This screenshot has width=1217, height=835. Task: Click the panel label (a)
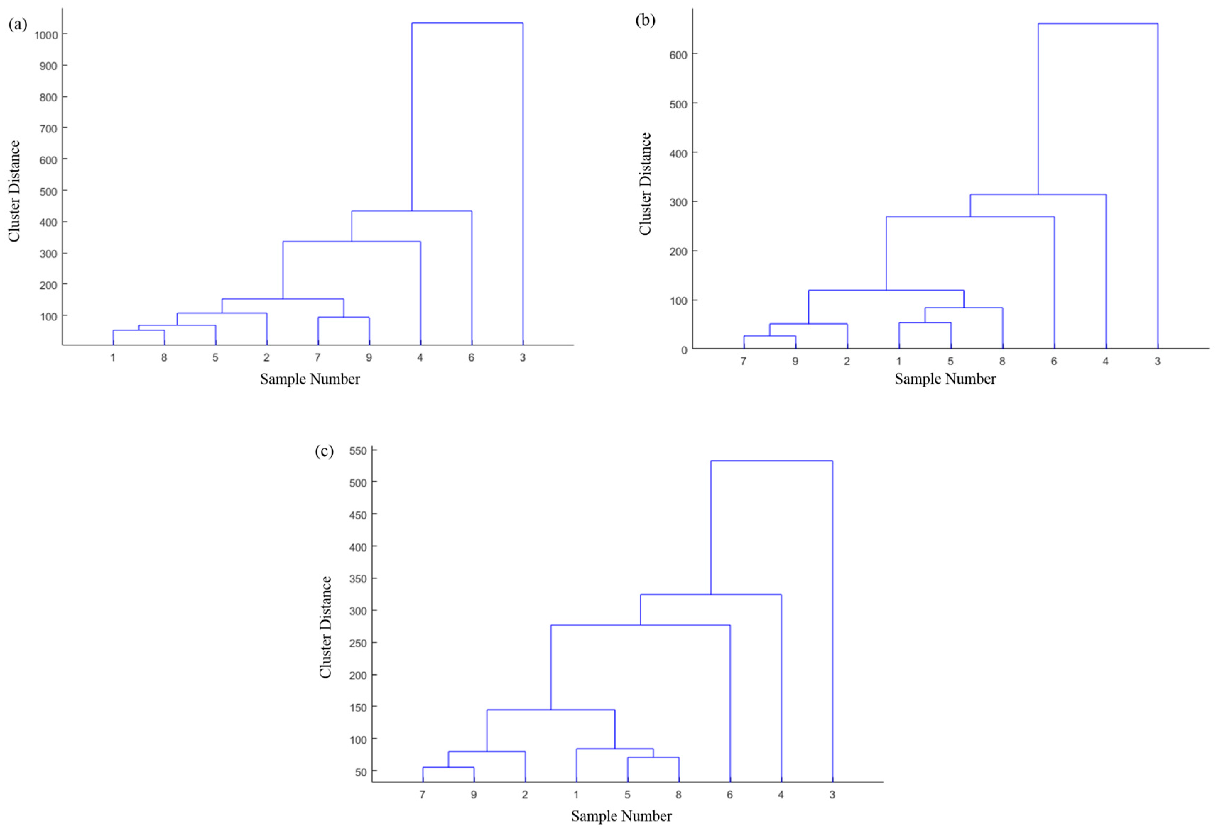17,25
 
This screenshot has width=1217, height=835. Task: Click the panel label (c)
324,451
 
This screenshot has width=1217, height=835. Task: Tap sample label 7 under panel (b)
743,362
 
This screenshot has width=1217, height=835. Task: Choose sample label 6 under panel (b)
1054,362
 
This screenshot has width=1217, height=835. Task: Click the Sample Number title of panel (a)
310,379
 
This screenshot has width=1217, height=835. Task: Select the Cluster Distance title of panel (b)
645,184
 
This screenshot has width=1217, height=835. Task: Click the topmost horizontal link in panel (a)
467,23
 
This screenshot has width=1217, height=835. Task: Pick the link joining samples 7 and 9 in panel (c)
448,768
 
